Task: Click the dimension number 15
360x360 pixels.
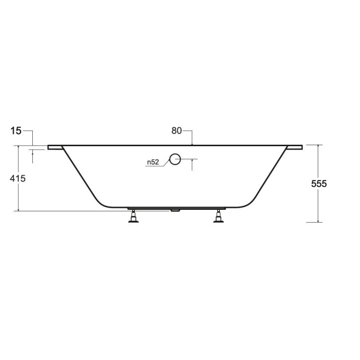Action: pos(15,131)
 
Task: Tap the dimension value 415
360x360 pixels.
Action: pos(18,178)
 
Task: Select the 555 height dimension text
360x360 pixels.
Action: pos(319,183)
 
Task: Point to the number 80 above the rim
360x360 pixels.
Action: pos(177,131)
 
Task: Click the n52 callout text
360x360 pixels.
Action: pos(153,162)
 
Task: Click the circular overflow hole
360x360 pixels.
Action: pos(175,159)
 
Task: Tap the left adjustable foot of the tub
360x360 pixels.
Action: pos(133,216)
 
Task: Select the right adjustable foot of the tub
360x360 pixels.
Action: pos(219,216)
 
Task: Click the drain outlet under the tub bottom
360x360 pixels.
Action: pos(176,210)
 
